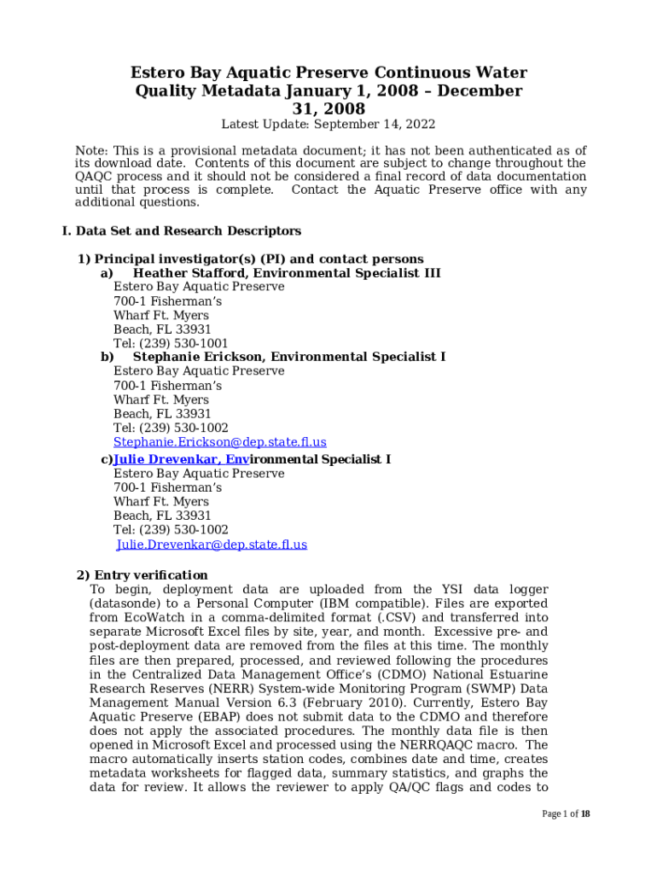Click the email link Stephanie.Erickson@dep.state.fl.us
[219, 442]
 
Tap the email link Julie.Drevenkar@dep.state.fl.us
[212, 545]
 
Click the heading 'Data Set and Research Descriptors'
[188, 231]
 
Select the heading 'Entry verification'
[150, 575]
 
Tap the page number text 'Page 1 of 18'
[566, 814]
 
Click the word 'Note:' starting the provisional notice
[92, 151]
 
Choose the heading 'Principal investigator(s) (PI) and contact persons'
[259, 259]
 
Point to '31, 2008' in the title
[328, 109]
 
